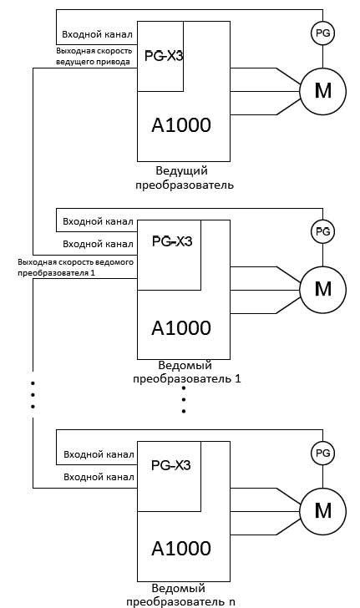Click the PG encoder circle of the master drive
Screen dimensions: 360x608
(x=322, y=33)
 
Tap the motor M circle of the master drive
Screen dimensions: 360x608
(x=322, y=92)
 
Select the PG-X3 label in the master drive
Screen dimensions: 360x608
(x=164, y=56)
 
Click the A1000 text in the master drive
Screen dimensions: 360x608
(x=181, y=125)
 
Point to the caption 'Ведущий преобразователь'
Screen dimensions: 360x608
(x=185, y=178)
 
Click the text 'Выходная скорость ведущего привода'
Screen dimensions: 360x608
(x=94, y=56)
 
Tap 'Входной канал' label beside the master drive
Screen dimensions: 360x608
(x=98, y=34)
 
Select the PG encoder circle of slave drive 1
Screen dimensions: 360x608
(x=322, y=231)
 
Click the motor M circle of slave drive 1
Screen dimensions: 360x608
(x=322, y=290)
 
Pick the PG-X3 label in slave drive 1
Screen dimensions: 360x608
(x=172, y=241)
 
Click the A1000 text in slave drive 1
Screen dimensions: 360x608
(x=181, y=328)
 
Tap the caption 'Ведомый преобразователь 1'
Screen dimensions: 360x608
(x=186, y=372)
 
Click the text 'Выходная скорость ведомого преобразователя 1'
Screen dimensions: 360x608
(x=76, y=267)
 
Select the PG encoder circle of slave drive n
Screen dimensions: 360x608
(x=322, y=453)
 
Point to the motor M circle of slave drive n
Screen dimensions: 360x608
(x=322, y=511)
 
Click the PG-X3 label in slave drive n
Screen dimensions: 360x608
(x=170, y=465)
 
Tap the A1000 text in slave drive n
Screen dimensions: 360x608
(x=181, y=548)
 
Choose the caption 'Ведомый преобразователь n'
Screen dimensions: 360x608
(x=180, y=595)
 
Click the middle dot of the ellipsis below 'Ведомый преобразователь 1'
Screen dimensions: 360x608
(x=184, y=399)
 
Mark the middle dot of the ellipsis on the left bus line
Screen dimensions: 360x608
(x=33, y=395)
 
